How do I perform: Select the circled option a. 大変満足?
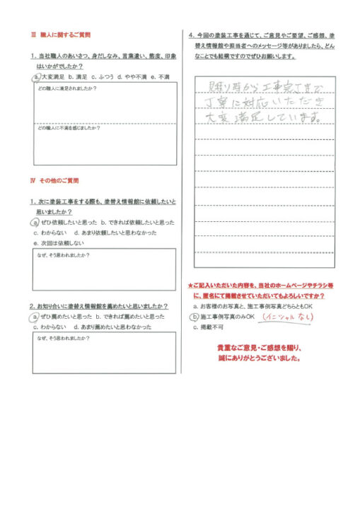coord(49,76)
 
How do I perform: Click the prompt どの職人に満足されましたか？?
coord(67,88)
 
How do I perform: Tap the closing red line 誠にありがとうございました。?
coord(260,359)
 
